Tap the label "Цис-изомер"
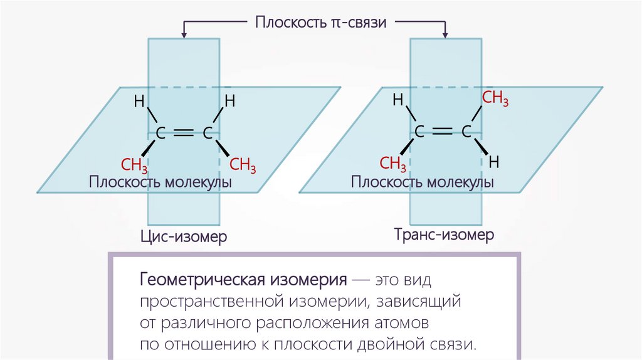(183, 238)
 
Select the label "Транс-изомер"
(445, 236)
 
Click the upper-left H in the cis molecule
(139, 100)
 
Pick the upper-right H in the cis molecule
(230, 100)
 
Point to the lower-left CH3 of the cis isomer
(134, 166)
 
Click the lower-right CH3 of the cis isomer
(243, 166)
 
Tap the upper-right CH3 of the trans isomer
(495, 98)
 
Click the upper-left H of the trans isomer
(397, 100)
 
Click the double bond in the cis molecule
(184, 132)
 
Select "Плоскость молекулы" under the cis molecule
(160, 183)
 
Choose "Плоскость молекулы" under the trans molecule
(423, 183)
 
